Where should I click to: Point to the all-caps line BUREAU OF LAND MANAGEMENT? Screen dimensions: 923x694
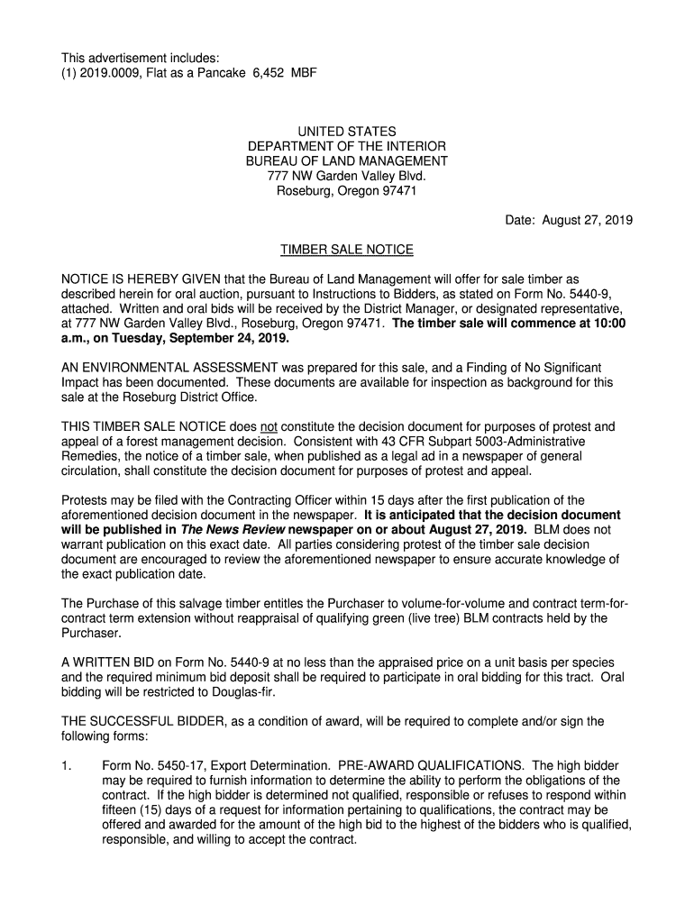pos(347,161)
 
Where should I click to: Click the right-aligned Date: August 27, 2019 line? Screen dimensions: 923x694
pos(567,220)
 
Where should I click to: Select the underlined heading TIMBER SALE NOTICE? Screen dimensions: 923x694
pos(347,250)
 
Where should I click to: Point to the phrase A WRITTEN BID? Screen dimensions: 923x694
pos(104,663)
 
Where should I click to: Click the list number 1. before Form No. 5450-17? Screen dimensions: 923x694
pos(66,765)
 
